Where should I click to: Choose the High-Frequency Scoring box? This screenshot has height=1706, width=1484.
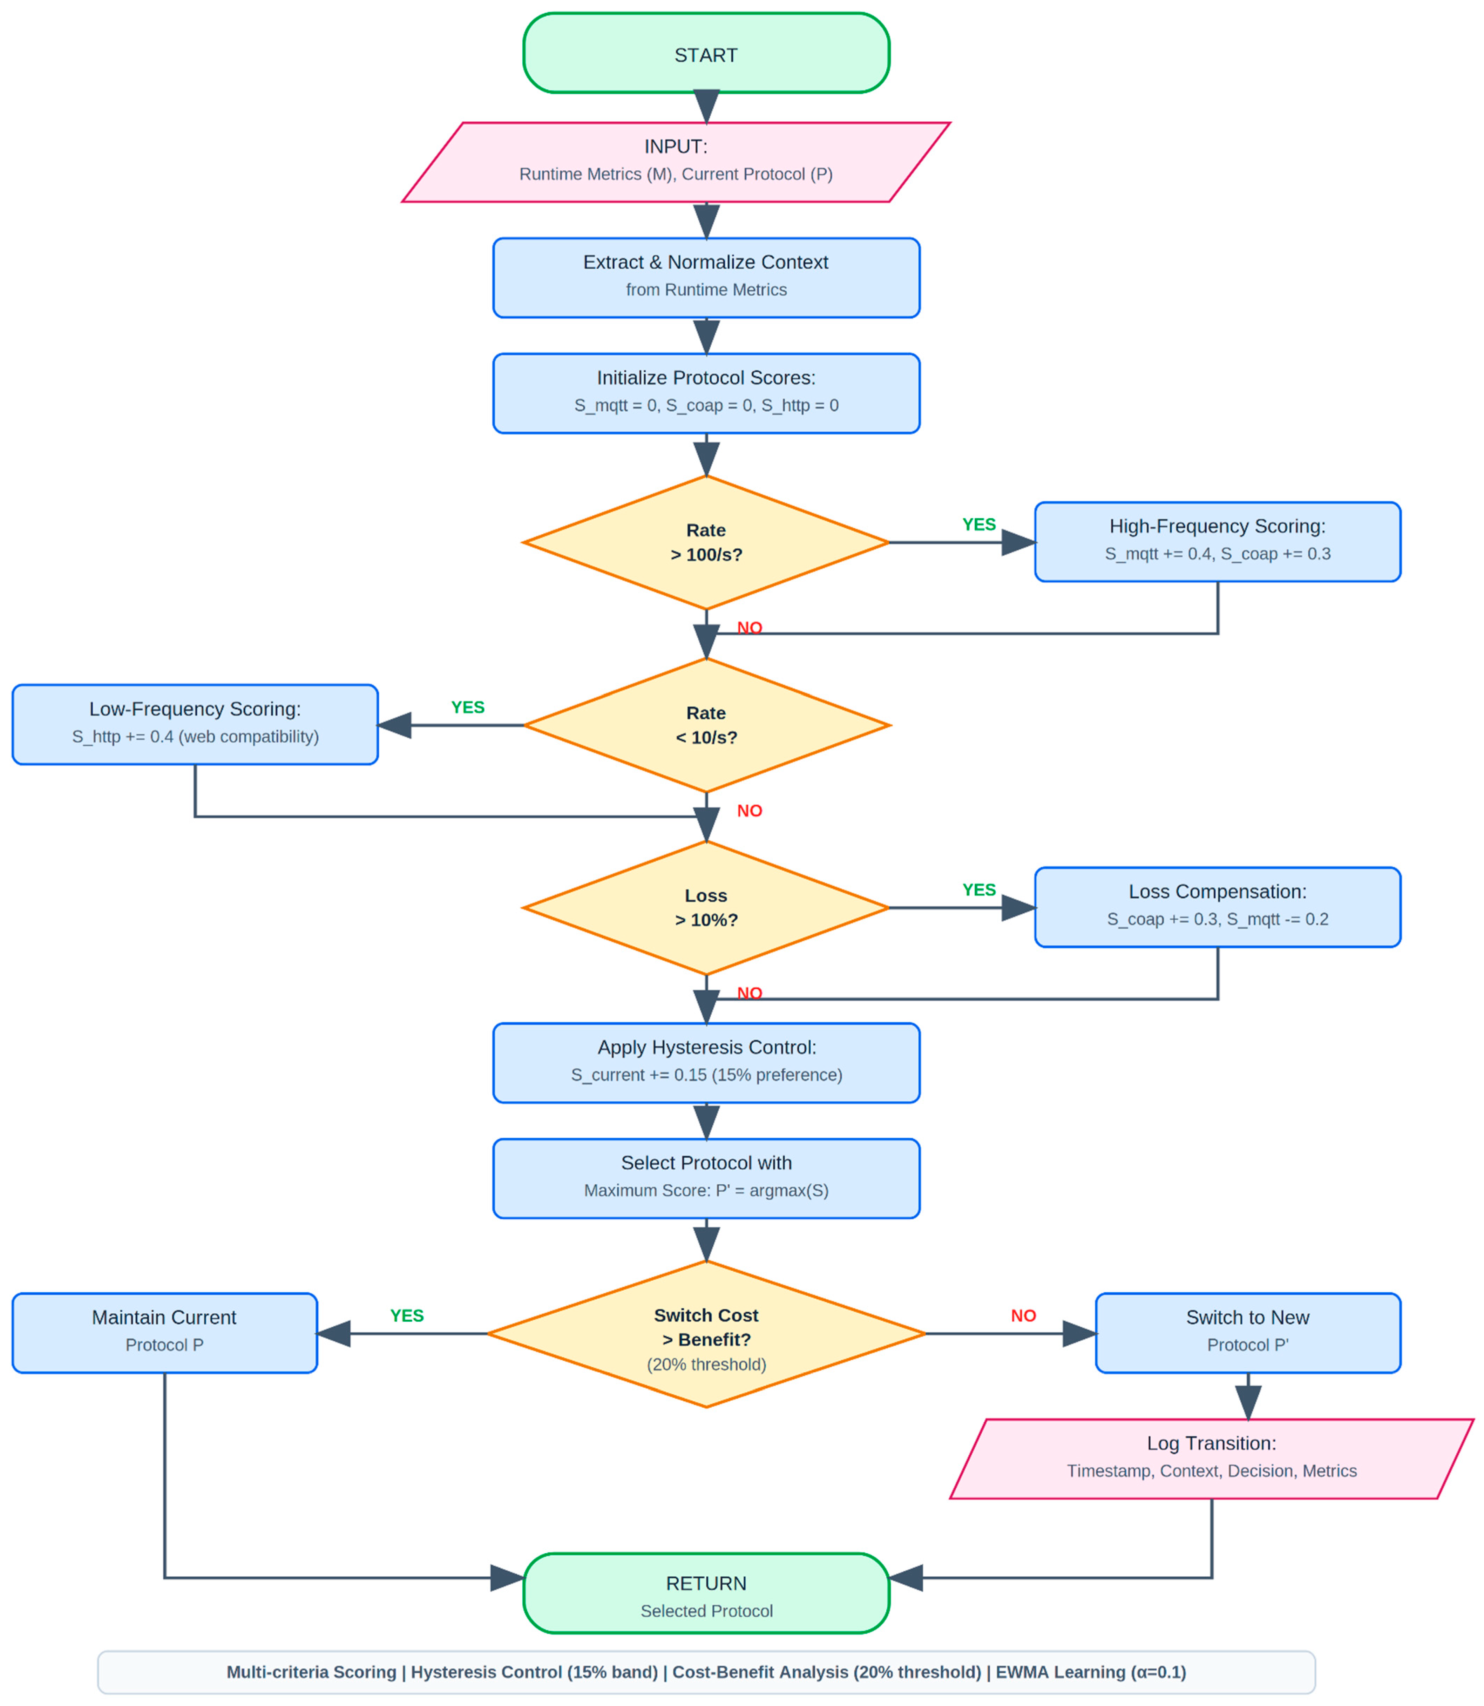(x=1217, y=542)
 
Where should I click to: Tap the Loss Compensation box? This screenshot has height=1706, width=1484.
(x=1217, y=907)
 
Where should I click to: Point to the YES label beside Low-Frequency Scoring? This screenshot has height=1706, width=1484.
(x=468, y=707)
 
